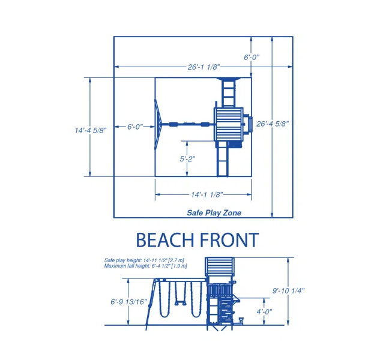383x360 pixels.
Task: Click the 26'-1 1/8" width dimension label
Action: tap(204, 67)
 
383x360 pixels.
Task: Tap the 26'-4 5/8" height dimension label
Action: tap(273, 124)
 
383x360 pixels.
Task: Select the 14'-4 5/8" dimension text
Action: tap(91, 130)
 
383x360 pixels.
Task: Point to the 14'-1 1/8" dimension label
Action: tap(207, 194)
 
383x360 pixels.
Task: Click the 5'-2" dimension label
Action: tap(187, 159)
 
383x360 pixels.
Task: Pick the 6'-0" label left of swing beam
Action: tap(135, 127)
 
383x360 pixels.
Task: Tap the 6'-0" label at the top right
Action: tap(252, 57)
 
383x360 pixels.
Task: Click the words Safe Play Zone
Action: tap(214, 213)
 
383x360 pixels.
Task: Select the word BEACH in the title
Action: tap(165, 240)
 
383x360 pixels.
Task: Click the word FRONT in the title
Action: tap(229, 240)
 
